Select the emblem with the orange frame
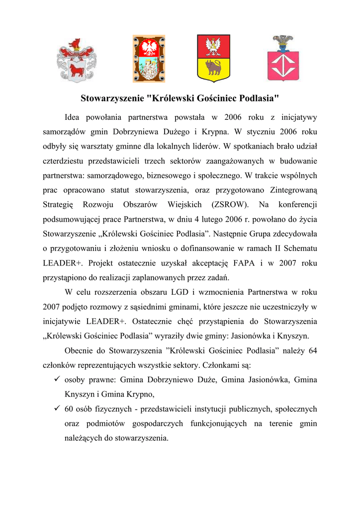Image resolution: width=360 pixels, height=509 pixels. (x=148, y=58)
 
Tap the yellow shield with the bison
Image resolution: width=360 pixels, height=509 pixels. (x=213, y=58)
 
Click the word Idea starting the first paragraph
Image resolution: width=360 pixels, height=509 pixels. (x=74, y=118)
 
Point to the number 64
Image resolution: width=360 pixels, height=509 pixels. (x=312, y=351)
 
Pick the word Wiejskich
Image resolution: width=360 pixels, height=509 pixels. (x=184, y=204)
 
